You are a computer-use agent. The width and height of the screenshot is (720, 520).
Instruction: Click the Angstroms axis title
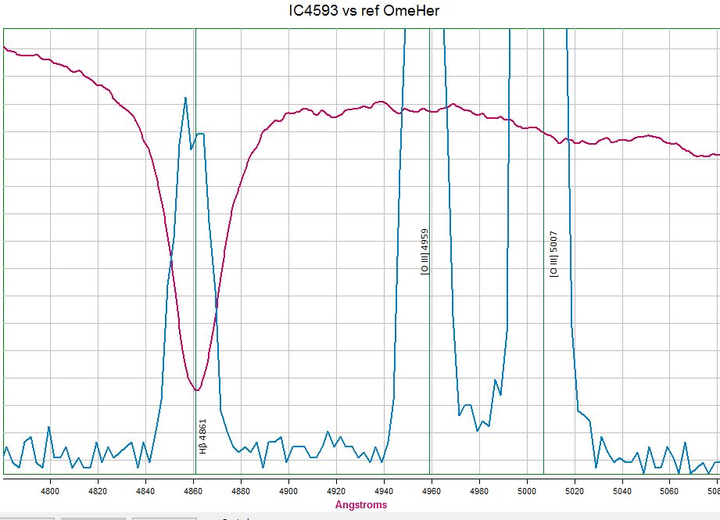[x=360, y=505]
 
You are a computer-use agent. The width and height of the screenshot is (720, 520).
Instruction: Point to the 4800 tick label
[x=50, y=490]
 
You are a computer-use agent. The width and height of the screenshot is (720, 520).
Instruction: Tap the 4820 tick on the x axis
[x=98, y=490]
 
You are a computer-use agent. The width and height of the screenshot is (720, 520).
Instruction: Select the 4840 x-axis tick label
[x=145, y=490]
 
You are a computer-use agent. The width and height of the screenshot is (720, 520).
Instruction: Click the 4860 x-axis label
[x=193, y=490]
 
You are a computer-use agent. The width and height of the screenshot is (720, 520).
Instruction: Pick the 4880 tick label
[x=241, y=490]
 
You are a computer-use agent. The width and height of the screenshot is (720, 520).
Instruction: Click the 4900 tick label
[x=288, y=490]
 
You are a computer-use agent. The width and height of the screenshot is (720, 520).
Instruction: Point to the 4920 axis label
[x=336, y=490]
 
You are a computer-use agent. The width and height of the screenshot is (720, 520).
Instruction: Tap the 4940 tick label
[x=384, y=490]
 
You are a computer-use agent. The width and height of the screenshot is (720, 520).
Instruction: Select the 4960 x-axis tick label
[x=432, y=490]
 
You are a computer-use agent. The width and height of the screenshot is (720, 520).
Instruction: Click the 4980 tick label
[x=479, y=490]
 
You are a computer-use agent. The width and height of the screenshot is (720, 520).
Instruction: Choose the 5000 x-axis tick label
[x=527, y=490]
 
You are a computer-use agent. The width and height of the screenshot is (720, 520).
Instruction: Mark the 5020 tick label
[x=575, y=490]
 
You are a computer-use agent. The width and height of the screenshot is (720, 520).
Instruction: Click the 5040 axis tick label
[x=622, y=490]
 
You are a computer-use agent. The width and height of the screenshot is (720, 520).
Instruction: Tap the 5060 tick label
[x=670, y=490]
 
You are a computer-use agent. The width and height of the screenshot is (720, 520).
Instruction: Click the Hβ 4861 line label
[x=202, y=436]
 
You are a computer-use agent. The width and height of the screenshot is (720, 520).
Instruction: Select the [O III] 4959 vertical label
[x=424, y=252]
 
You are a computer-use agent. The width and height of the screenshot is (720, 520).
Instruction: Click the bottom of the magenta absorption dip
[x=197, y=389]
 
